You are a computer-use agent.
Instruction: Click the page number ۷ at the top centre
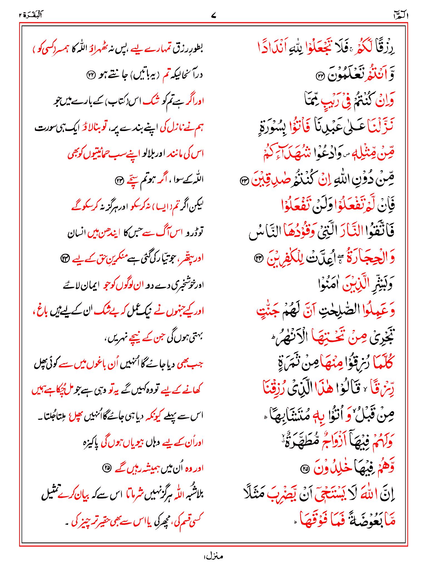click(213, 16)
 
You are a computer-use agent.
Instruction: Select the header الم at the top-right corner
click(400, 15)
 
